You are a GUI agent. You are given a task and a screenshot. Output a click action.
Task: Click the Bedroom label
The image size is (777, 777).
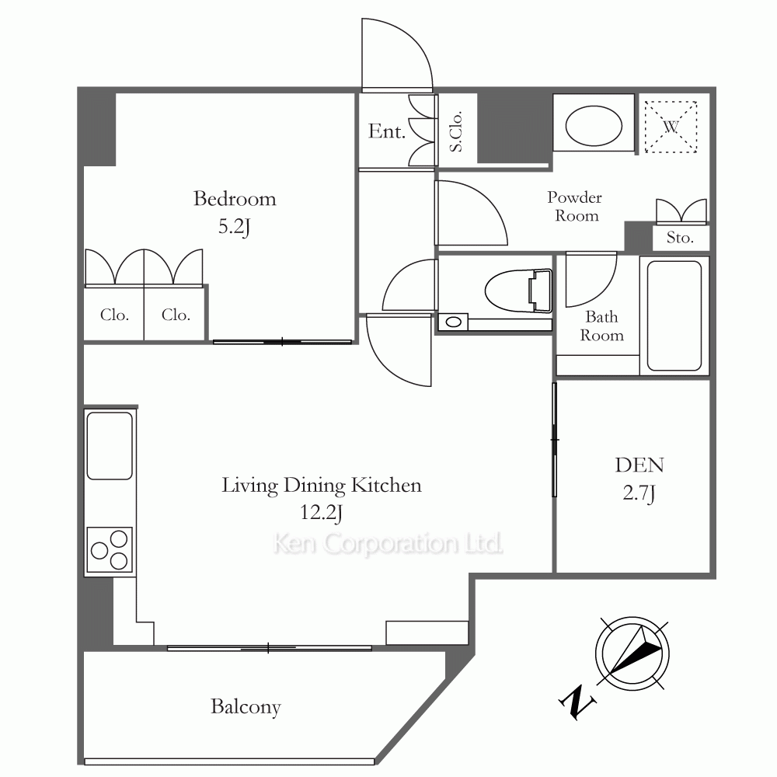point(235,199)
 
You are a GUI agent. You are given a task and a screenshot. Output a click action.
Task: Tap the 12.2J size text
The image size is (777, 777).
point(321,512)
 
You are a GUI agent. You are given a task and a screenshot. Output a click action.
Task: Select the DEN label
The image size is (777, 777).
point(639,465)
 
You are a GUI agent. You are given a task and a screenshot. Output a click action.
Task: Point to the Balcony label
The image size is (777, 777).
point(246,706)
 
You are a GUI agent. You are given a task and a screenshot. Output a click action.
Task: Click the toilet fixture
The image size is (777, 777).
point(518,291)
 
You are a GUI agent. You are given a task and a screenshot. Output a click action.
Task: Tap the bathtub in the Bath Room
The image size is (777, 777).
point(674,315)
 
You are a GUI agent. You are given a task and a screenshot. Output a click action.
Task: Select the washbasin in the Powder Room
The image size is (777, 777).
point(594,126)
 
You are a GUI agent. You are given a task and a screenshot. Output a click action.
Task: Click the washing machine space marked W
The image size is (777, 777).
point(671,127)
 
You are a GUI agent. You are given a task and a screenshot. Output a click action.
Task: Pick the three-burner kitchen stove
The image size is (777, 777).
point(110,549)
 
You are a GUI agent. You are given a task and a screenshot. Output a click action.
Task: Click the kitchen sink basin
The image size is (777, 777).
point(110,446)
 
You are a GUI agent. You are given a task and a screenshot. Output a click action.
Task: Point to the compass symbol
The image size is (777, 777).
point(632,653)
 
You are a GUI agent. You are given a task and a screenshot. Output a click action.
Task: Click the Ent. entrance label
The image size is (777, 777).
point(386,131)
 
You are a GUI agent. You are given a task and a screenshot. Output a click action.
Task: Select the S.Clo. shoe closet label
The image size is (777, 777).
point(456,131)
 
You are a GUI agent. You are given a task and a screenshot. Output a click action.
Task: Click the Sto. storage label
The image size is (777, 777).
point(680,238)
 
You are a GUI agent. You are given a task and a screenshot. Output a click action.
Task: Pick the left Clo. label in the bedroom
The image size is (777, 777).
point(114,315)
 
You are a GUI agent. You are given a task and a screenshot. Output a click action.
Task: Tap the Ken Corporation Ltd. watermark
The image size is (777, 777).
point(388,544)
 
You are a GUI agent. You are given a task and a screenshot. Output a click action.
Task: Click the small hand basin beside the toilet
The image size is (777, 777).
point(453,322)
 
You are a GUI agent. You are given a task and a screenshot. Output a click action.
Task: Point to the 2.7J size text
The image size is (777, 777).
point(639,493)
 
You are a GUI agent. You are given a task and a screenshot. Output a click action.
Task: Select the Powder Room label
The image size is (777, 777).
point(575,207)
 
